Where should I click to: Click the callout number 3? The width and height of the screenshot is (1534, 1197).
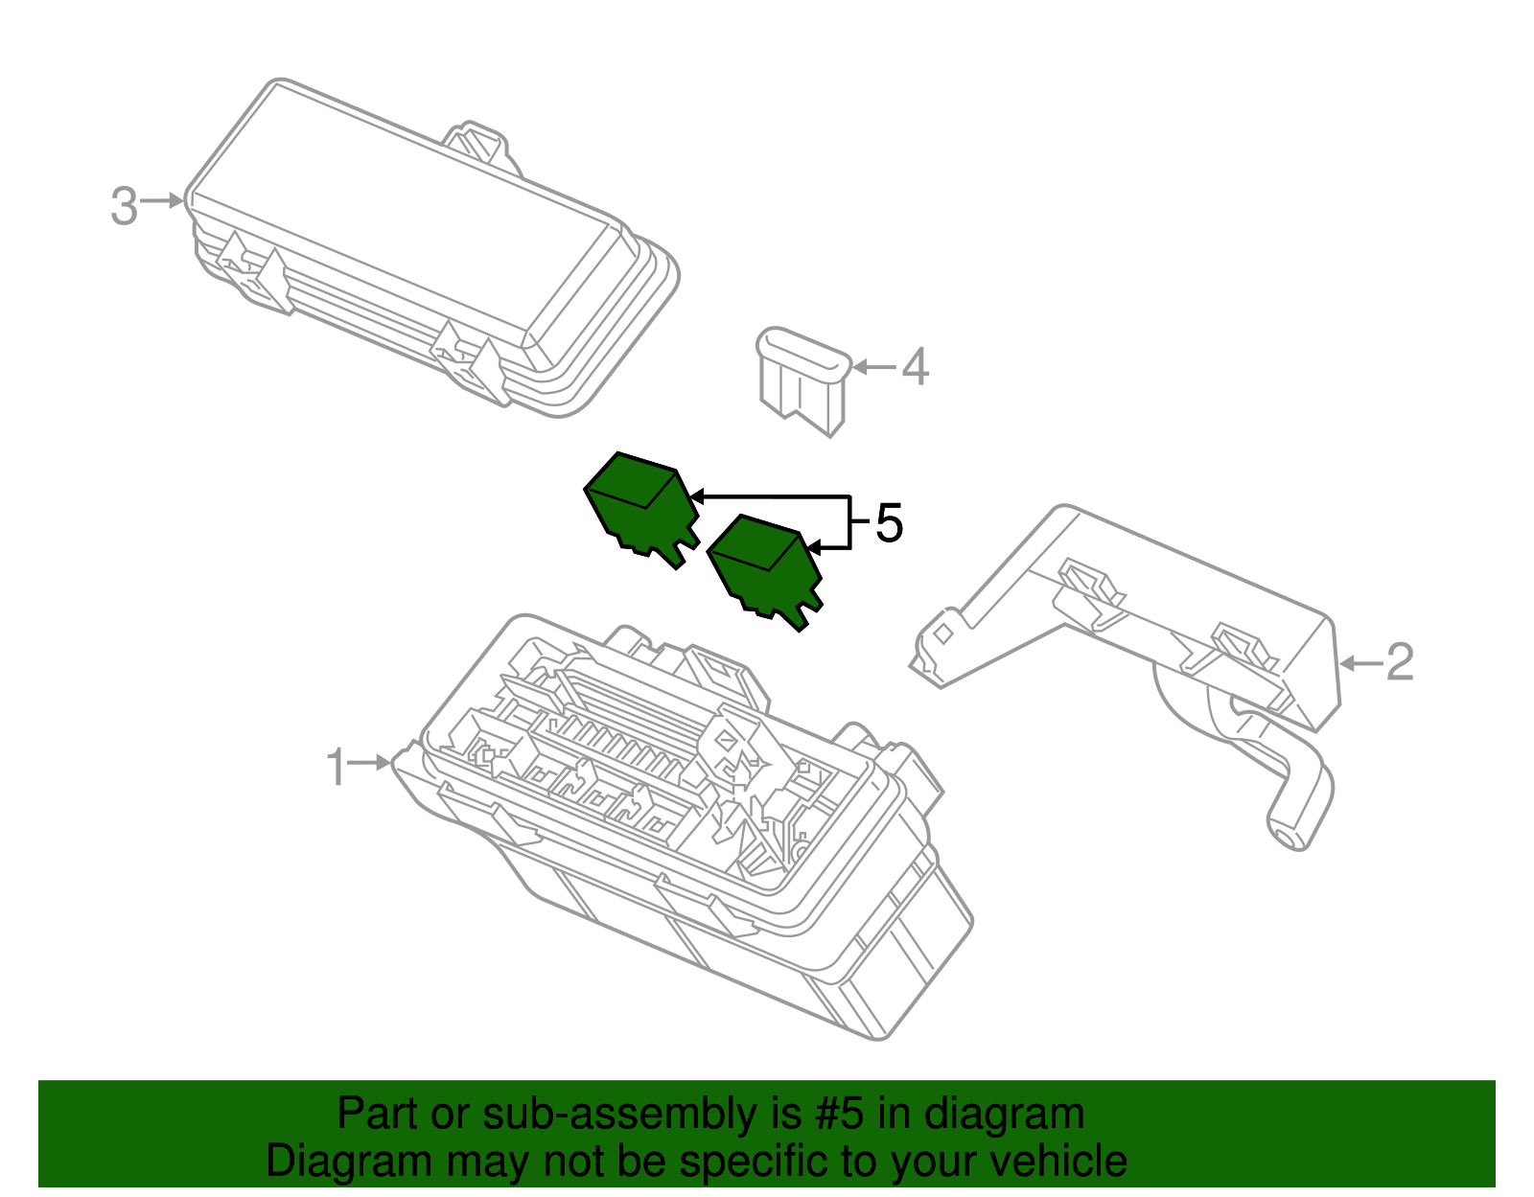[124, 206]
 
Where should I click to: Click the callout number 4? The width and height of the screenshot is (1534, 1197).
[916, 367]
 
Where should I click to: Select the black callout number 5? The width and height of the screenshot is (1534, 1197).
[889, 523]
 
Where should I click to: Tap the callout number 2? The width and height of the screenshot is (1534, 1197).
[1400, 662]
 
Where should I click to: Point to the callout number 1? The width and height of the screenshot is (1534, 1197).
[336, 767]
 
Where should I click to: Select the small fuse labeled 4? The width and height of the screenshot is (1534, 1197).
[803, 379]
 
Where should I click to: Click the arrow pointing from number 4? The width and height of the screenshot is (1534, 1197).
[872, 367]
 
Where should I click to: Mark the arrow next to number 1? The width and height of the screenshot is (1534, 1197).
[370, 763]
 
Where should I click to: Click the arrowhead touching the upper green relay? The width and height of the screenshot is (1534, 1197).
[697, 496]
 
